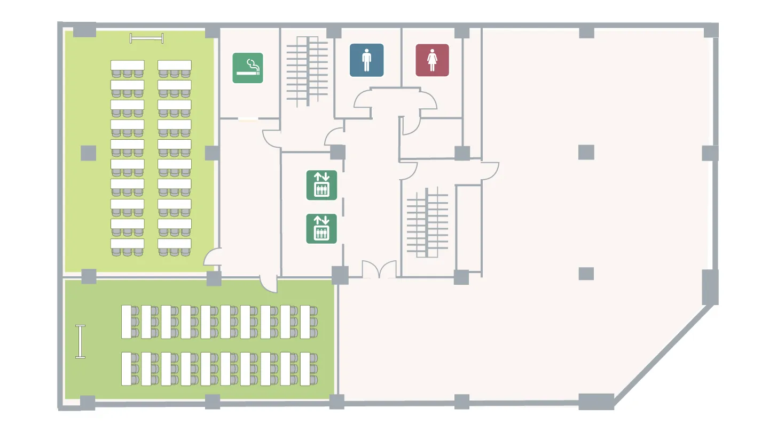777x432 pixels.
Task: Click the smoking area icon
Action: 248,68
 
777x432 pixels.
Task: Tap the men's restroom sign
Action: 366,60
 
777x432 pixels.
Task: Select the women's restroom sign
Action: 432,60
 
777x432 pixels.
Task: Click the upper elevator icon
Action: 321,185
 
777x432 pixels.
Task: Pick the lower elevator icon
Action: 321,229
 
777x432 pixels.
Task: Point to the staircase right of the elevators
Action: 427,222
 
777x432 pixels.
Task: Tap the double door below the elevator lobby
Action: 379,270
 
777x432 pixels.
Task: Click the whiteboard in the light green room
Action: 147,38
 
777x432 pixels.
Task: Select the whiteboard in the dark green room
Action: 81,341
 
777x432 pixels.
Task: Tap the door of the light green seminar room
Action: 212,258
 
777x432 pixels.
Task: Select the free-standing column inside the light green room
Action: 89,153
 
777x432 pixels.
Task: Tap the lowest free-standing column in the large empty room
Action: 586,274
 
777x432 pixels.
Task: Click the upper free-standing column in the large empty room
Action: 586,153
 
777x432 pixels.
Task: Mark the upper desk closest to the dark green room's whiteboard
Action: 127,322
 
